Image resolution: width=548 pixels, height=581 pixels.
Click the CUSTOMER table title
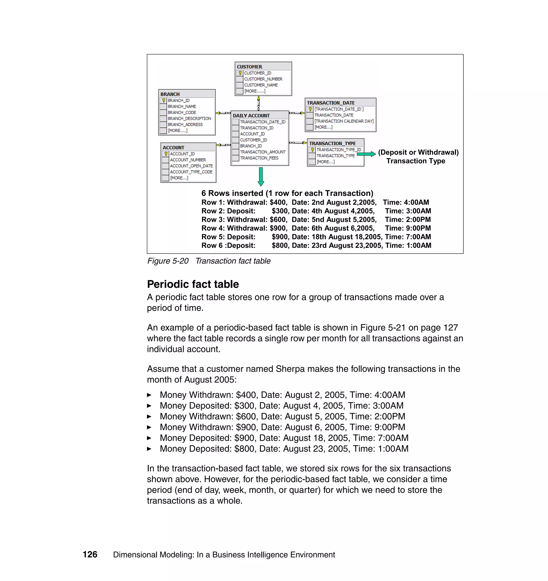click(x=249, y=67)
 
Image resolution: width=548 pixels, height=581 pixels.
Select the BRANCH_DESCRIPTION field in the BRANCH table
click(x=189, y=118)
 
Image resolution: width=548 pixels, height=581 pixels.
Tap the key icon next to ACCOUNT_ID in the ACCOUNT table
click(x=166, y=154)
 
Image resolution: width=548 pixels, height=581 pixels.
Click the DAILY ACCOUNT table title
click(x=251, y=116)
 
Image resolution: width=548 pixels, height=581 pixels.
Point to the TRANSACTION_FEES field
click(x=259, y=158)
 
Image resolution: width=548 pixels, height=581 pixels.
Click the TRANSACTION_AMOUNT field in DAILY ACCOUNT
click(x=262, y=152)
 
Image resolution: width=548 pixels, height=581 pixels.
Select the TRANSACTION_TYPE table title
click(x=332, y=143)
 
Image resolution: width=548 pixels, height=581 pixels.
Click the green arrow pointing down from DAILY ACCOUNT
click(x=261, y=176)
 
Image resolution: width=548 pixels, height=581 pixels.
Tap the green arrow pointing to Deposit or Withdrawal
click(x=366, y=154)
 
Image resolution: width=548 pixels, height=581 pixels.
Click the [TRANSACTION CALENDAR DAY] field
click(x=344, y=121)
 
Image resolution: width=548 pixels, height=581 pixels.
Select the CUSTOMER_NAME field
click(x=261, y=85)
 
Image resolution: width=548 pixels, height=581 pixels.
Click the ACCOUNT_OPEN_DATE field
click(x=191, y=166)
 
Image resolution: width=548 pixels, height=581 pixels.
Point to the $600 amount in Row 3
click(x=278, y=220)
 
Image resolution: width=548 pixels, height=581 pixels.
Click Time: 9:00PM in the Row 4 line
click(x=408, y=228)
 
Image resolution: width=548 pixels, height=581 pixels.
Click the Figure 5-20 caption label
click(x=168, y=261)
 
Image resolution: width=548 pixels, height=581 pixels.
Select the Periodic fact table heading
click(x=193, y=284)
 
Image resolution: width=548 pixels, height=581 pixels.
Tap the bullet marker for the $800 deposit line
click(x=149, y=449)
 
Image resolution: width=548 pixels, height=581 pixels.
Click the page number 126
click(x=90, y=554)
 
